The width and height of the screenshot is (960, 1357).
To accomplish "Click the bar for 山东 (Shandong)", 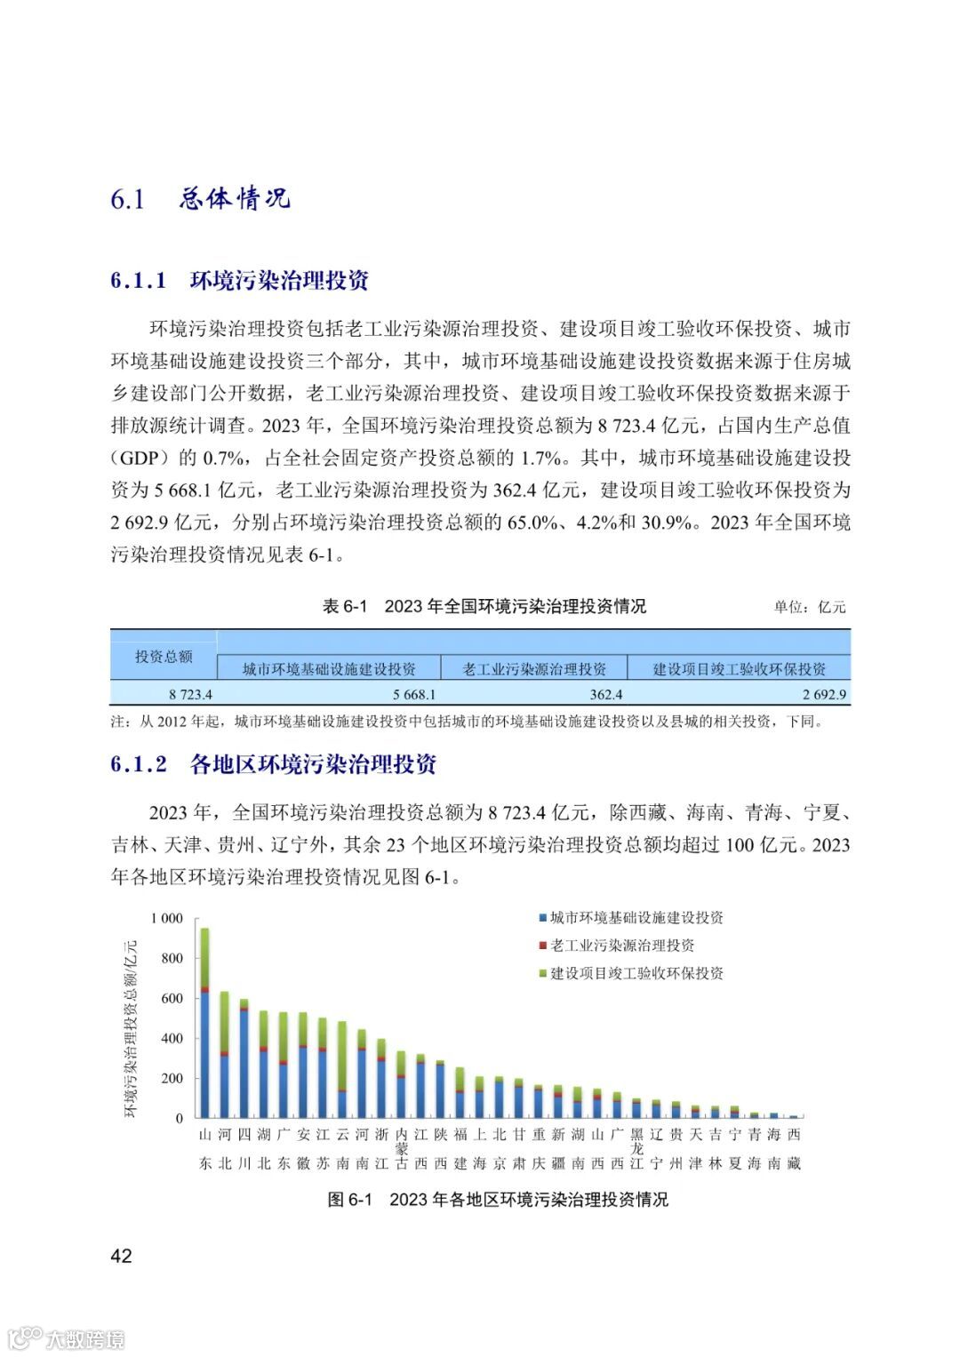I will [204, 1022].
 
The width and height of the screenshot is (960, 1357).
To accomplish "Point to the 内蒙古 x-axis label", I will [401, 1148].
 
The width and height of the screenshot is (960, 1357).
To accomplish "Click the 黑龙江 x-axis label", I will [636, 1148].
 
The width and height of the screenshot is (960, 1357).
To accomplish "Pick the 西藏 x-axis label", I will [794, 1148].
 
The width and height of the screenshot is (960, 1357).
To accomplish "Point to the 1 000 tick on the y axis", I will [166, 918].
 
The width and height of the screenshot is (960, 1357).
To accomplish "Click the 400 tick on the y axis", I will [172, 1038].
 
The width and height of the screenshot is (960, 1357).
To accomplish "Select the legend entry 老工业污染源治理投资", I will [621, 946].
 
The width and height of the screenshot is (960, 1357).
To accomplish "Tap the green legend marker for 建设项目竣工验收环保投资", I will [542, 974].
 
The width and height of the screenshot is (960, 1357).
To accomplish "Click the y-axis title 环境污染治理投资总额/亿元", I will [131, 1027].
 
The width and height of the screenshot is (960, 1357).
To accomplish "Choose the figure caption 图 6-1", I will [498, 1200].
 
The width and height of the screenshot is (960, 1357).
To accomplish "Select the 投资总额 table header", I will [164, 657].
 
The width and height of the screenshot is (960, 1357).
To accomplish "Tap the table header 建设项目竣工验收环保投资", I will [739, 669].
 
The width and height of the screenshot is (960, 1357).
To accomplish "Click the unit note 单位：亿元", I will [809, 607].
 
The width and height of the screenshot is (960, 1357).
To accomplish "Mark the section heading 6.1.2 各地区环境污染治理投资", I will [274, 764].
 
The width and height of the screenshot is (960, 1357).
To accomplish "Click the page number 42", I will [121, 1255].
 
